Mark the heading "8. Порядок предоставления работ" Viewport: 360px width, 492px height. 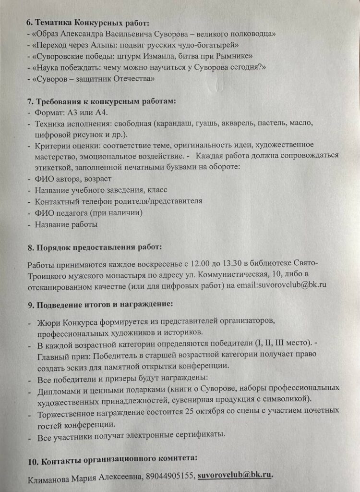[x=95, y=247]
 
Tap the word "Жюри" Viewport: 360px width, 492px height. [x=47, y=320]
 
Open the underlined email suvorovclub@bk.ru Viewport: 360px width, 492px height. [x=235, y=475]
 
